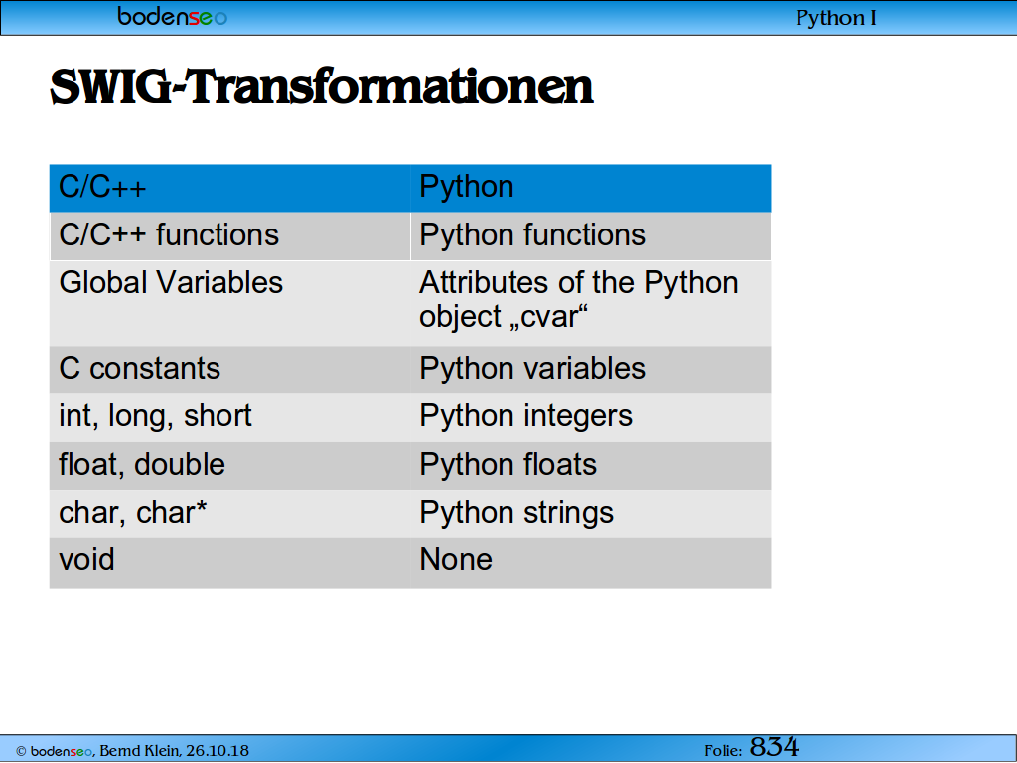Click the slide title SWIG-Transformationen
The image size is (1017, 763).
322,87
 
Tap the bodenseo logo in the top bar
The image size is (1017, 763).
173,16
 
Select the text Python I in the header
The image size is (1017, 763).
836,18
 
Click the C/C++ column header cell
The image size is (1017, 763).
230,188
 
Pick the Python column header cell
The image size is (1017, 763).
591,188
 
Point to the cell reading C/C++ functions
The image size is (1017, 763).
230,236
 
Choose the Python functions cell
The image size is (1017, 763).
591,236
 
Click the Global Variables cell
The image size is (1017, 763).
230,303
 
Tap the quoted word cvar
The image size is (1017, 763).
550,317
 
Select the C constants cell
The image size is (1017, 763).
230,370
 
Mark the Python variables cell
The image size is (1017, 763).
591,370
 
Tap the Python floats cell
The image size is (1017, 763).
591,466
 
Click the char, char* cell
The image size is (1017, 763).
230,514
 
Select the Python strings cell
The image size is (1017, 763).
591,514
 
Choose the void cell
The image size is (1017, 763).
230,562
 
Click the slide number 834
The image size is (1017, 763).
775,747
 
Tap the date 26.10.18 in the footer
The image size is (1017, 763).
218,751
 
